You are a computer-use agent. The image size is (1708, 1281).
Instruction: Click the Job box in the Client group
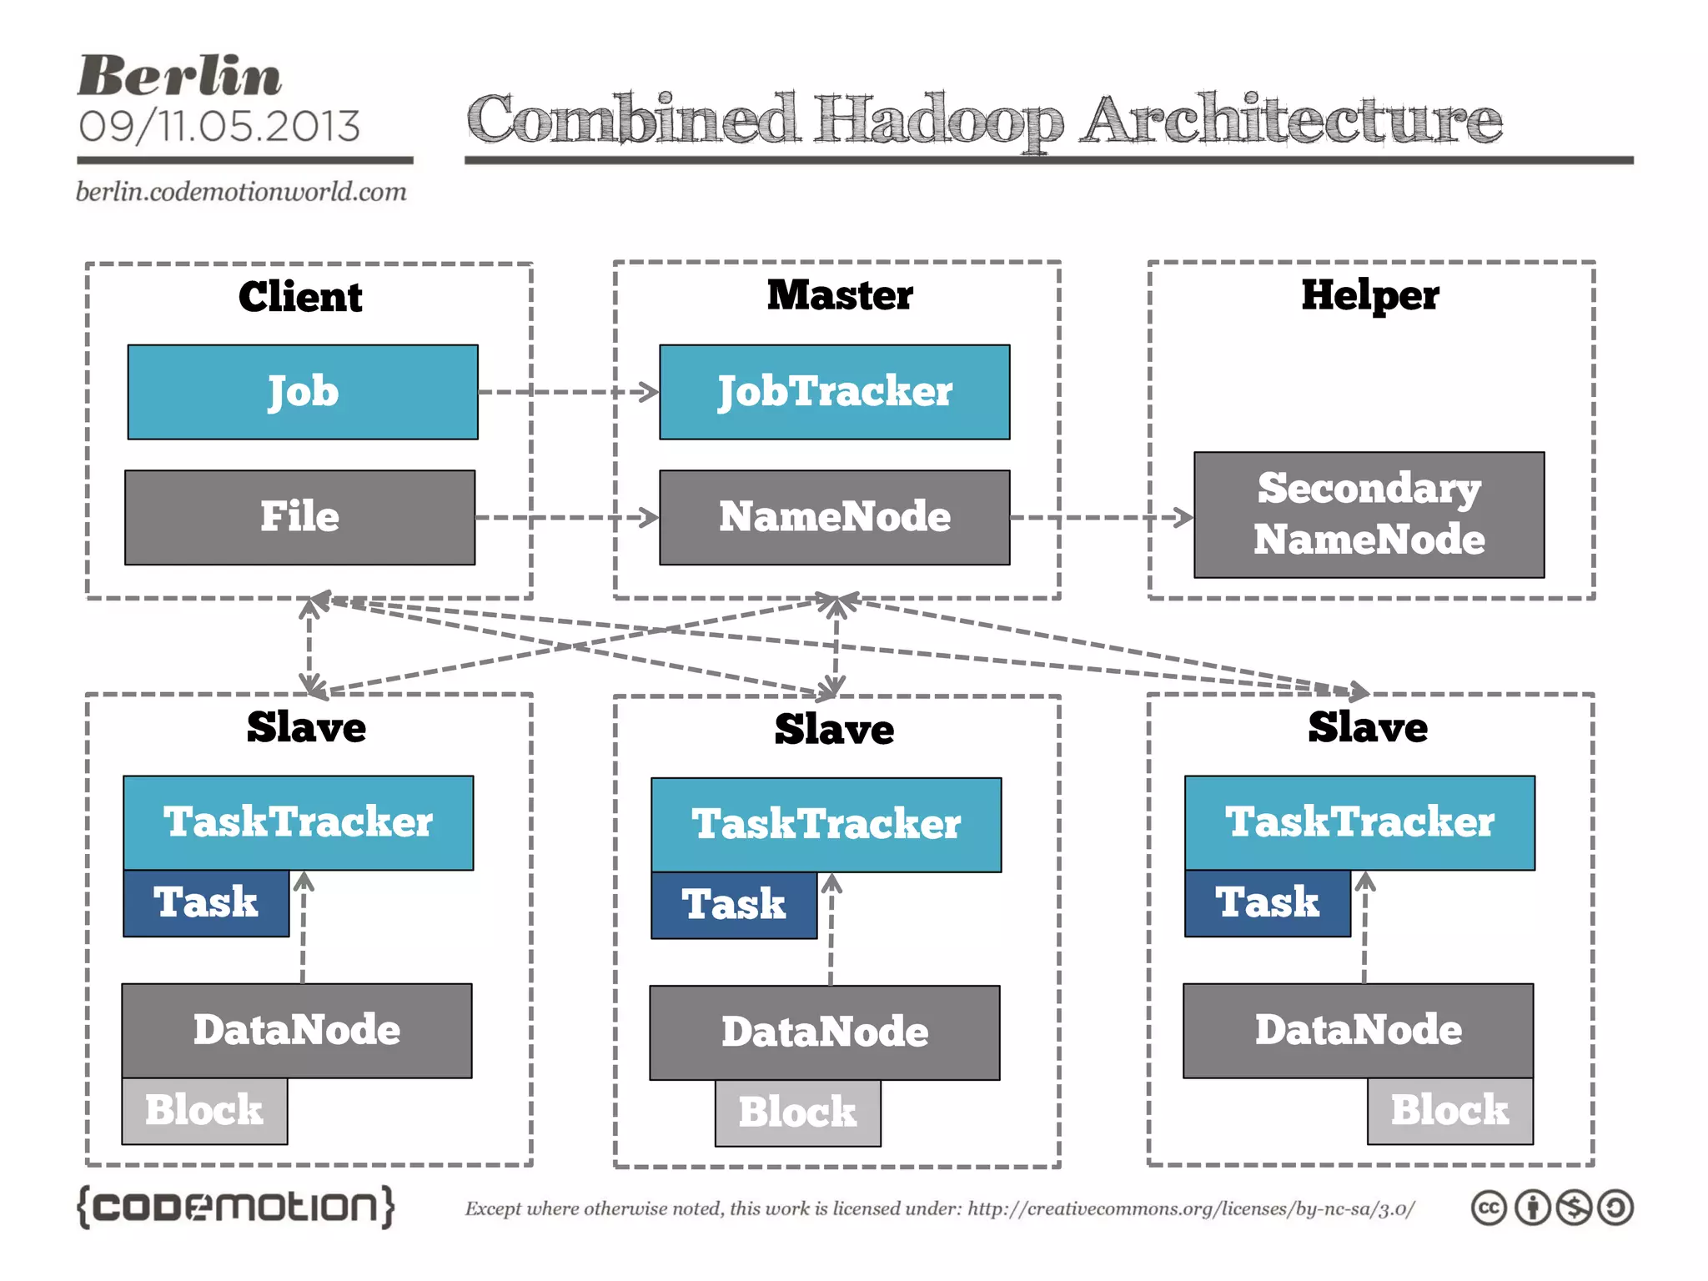(x=303, y=392)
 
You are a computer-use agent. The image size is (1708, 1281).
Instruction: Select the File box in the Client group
(x=300, y=517)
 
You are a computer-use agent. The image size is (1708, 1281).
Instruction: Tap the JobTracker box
(x=834, y=392)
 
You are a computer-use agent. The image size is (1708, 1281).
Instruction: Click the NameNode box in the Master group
(x=834, y=517)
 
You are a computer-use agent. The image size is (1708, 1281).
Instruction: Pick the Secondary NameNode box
(x=1369, y=515)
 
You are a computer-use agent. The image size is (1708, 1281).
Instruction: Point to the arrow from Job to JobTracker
(x=568, y=392)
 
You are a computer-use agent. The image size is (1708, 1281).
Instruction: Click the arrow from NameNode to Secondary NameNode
(x=1101, y=517)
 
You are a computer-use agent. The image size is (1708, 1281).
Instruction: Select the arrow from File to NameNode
(x=567, y=517)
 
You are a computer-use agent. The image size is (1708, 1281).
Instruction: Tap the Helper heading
(x=1370, y=295)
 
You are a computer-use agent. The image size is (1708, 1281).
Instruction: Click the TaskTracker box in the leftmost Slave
(x=299, y=822)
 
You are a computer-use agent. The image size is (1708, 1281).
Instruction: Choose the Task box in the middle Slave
(x=734, y=905)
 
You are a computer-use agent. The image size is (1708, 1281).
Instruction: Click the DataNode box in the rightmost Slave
(x=1358, y=1030)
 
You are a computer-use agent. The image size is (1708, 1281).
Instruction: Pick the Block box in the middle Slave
(x=797, y=1113)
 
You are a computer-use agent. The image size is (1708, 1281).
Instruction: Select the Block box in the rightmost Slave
(x=1449, y=1111)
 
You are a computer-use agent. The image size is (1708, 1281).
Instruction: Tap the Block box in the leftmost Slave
(x=204, y=1111)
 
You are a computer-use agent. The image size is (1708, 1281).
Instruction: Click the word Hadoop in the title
(x=939, y=121)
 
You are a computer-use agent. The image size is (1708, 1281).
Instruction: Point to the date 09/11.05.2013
(x=219, y=127)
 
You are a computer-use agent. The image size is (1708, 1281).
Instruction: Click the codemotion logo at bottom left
(x=235, y=1207)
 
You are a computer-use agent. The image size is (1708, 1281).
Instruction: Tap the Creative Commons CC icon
(x=1489, y=1208)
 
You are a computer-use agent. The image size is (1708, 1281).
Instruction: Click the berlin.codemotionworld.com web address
(x=241, y=192)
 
